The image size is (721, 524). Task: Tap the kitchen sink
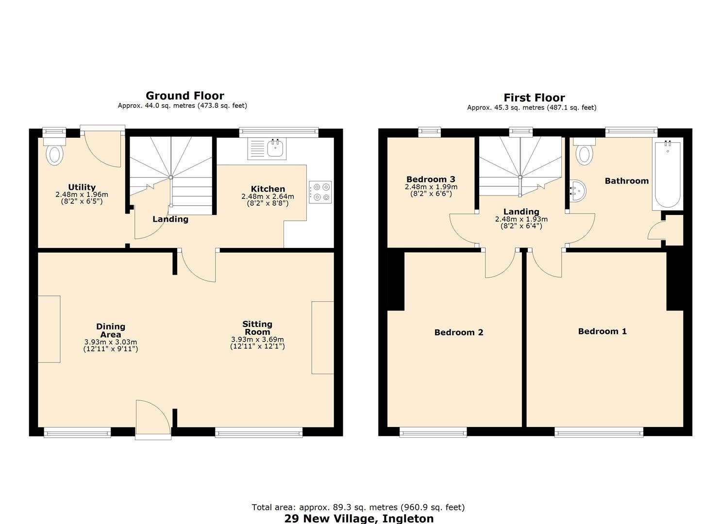click(275, 148)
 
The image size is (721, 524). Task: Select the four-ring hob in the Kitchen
click(320, 192)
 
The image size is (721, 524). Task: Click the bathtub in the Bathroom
click(668, 175)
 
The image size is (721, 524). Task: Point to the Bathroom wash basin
click(578, 191)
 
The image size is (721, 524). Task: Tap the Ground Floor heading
click(185, 96)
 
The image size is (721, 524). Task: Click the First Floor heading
click(534, 98)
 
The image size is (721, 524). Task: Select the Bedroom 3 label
click(431, 179)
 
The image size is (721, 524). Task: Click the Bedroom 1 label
click(602, 331)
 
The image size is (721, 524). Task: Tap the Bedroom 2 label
click(458, 332)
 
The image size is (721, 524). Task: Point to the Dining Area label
click(111, 330)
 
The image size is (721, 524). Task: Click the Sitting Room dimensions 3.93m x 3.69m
click(257, 340)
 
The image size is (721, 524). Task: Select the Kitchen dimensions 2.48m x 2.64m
click(268, 196)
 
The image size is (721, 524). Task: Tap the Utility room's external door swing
click(103, 148)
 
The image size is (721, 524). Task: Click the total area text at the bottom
click(358, 507)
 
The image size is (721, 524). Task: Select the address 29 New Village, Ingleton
click(359, 518)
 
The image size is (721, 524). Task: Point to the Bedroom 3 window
click(430, 131)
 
